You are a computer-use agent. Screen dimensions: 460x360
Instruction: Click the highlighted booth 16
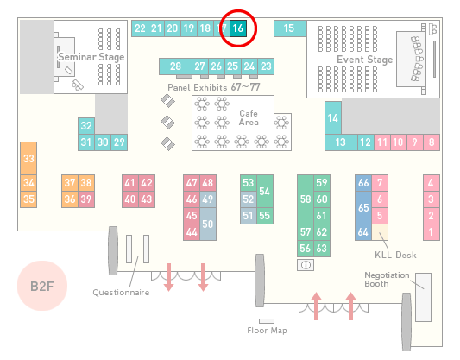coord(238,28)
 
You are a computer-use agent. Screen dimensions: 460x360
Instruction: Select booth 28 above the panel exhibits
coord(175,66)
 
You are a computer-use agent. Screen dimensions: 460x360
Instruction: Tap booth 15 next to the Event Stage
coord(290,28)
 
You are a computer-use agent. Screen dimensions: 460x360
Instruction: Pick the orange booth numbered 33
coord(28,159)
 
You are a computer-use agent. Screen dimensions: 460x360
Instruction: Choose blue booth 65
coord(363,207)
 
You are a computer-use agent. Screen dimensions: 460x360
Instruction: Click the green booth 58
coord(306,199)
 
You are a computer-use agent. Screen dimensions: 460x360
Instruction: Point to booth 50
coord(208,224)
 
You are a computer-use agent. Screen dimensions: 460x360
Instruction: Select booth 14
coord(333,118)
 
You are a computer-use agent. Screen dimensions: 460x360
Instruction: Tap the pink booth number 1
coord(432,232)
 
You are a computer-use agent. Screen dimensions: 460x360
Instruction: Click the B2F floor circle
coord(42,286)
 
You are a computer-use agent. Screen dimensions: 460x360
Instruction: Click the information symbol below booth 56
coord(306,265)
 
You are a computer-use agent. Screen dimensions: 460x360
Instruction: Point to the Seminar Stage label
coord(91,57)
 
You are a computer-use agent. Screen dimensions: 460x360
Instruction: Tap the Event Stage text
coord(365,60)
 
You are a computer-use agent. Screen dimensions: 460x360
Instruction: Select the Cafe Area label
coord(249,117)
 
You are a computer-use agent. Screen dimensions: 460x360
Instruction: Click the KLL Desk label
coord(395,255)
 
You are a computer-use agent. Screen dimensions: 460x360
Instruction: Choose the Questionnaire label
coord(121,293)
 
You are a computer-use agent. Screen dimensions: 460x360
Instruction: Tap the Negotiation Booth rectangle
coord(424,297)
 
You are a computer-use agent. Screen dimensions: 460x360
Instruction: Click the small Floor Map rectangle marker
coord(267,321)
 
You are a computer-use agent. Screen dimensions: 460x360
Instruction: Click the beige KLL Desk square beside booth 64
coord(380,232)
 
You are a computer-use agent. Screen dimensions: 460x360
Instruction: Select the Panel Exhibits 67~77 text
coord(214,87)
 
